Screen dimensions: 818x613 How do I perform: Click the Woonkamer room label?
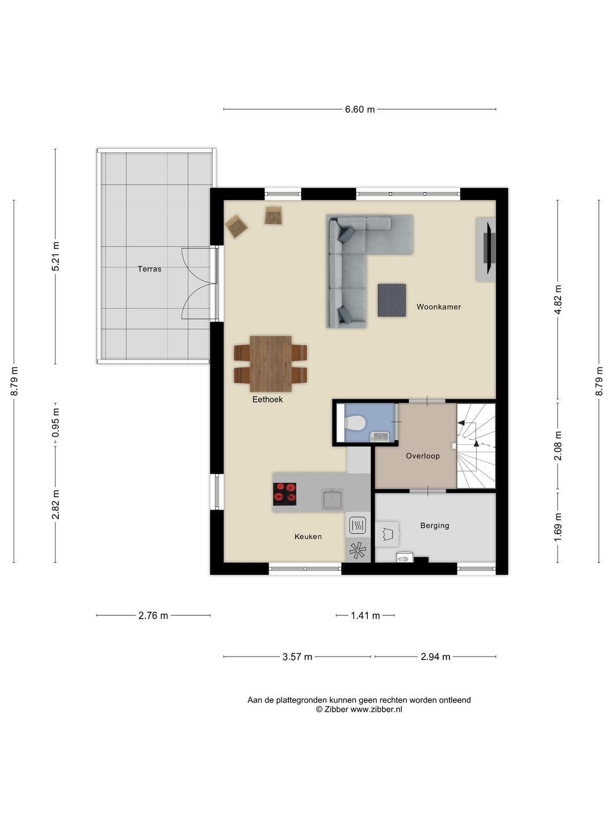(x=438, y=307)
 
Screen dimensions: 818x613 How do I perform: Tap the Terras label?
(x=149, y=269)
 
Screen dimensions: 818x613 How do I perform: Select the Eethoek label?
(x=267, y=399)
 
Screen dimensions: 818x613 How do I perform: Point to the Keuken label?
(x=308, y=536)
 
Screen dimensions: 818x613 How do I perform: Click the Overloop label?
(x=422, y=456)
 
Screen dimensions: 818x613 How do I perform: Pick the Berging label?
(x=434, y=525)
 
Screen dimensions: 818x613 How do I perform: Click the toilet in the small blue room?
(x=355, y=423)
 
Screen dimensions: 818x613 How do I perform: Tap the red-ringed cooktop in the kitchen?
(x=284, y=494)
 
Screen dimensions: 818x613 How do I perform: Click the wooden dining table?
(x=271, y=364)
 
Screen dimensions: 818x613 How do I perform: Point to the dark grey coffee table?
(x=392, y=300)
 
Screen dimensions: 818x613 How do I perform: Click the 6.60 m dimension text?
(x=360, y=109)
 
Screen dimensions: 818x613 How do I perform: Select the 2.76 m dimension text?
(x=153, y=615)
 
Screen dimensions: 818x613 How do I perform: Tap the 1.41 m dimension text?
(x=365, y=615)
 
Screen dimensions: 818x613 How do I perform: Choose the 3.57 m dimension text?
(x=297, y=657)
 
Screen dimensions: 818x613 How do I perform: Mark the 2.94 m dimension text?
(x=435, y=657)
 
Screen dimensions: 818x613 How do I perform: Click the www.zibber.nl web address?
(x=376, y=709)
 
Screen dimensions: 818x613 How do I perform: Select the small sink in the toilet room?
(x=380, y=436)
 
